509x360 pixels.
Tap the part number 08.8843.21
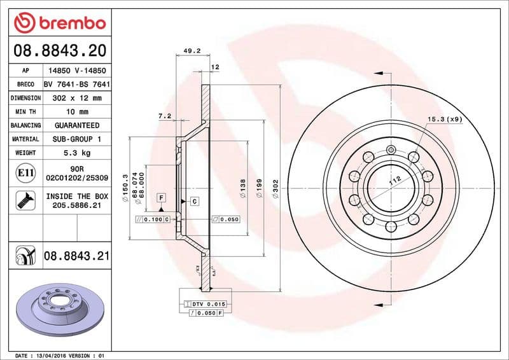pyautogui.click(x=76, y=256)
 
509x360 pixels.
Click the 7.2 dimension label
pyautogui.click(x=165, y=116)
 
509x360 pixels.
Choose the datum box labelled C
pyautogui.click(x=193, y=202)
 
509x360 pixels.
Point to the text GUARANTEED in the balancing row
pyautogui.click(x=76, y=125)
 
